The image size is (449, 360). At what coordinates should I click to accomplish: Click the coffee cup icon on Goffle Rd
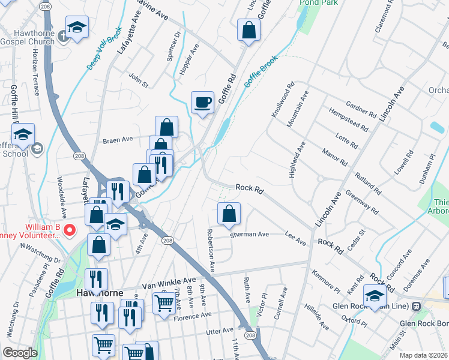coord(202,102)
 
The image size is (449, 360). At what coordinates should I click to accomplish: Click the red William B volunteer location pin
coord(69,230)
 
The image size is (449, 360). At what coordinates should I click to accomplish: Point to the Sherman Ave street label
coord(250,235)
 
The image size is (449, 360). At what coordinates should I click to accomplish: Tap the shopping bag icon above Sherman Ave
coord(229,214)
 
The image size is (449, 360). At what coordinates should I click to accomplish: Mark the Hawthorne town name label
coord(100,293)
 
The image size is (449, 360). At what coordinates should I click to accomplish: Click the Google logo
coord(20,353)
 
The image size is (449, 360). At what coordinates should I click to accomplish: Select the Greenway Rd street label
coord(362,202)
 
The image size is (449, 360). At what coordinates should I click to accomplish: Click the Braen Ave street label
coord(118,139)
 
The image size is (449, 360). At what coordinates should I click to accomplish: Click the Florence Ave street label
coord(193,314)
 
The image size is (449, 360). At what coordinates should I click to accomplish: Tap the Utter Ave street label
coord(219,331)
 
